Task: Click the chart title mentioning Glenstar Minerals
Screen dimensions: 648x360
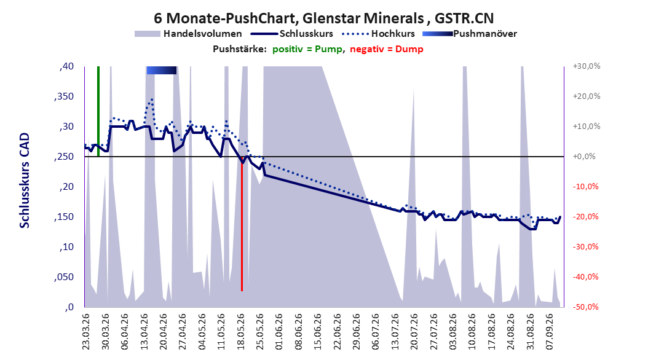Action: (323, 18)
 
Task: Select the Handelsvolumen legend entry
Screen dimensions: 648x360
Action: (188, 34)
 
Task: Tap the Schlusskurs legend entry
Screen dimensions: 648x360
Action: (292, 34)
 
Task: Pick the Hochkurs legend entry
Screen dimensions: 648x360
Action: (379, 34)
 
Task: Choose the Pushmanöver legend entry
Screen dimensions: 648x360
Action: (470, 34)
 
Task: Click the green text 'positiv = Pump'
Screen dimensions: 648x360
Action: (307, 49)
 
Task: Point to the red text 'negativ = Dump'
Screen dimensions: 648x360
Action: (387, 49)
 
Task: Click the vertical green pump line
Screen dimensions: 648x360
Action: (98, 111)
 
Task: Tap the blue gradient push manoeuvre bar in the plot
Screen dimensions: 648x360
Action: (162, 71)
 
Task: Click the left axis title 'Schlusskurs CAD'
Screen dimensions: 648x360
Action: (25, 181)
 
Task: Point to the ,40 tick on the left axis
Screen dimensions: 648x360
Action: (66, 66)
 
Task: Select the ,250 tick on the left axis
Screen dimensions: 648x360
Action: (64, 157)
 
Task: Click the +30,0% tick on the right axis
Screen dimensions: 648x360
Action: (587, 66)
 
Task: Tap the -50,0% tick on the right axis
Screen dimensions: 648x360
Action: (585, 307)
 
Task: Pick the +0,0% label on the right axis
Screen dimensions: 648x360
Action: (584, 157)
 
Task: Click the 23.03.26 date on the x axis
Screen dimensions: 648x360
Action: (86, 332)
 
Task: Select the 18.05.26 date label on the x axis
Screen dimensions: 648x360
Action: (240, 332)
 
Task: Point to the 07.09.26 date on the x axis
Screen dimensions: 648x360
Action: (550, 332)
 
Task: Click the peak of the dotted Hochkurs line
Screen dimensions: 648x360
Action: (152, 99)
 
